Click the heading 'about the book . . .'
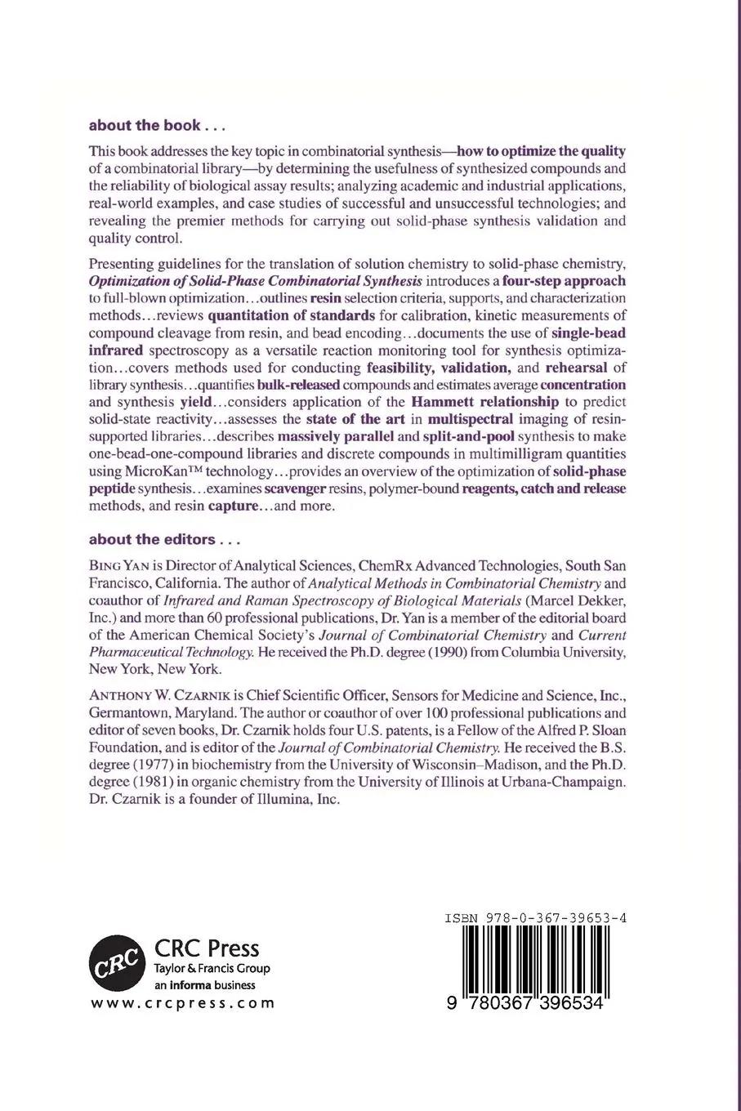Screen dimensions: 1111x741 (x=157, y=125)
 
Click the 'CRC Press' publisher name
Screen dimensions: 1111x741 (x=207, y=948)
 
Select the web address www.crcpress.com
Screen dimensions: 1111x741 (x=182, y=1003)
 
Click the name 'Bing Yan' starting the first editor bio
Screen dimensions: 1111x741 (x=118, y=565)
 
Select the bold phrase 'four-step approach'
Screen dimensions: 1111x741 (x=564, y=280)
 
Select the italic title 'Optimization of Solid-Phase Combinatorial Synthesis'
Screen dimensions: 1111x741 (x=256, y=280)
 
